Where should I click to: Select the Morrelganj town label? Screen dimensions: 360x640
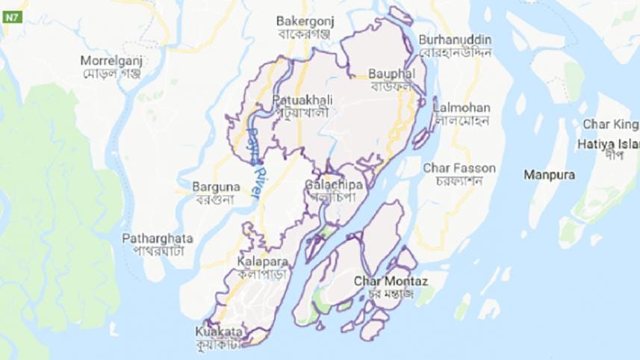coord(112,60)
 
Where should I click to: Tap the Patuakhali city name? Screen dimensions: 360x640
coord(302,99)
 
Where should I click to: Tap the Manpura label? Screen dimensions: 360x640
coord(549,175)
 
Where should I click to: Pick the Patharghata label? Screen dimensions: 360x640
coord(158,238)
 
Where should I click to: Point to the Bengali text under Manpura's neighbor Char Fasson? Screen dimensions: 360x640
coord(451,181)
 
